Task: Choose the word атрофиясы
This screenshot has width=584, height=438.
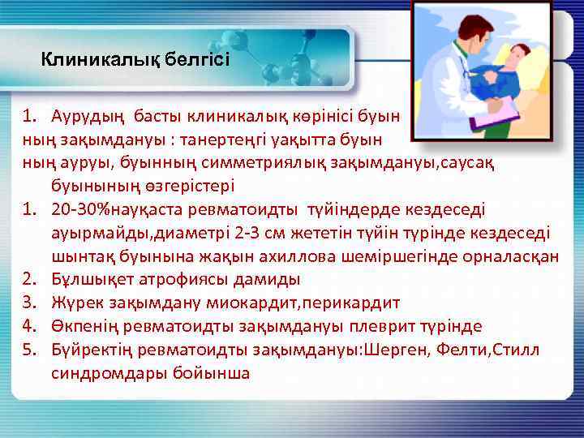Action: (x=162, y=280)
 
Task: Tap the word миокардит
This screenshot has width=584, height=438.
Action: (x=239, y=303)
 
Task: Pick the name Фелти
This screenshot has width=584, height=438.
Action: (x=466, y=350)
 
